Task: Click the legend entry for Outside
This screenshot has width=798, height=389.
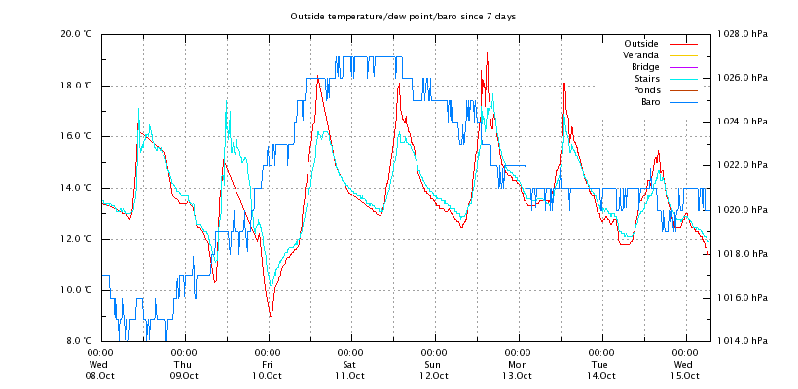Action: [640, 44]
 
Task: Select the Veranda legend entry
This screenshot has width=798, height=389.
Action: [640, 55]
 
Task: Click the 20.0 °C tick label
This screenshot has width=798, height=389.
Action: [76, 34]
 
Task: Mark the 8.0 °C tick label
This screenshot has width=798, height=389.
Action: [78, 341]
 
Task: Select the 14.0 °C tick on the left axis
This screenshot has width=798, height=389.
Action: [76, 188]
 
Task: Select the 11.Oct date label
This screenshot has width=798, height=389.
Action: [350, 376]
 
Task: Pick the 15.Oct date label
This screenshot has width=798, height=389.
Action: [685, 376]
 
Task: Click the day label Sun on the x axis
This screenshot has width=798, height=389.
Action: [434, 365]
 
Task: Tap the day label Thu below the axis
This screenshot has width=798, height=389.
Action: [184, 365]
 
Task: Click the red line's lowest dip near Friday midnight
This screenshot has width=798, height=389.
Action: [271, 316]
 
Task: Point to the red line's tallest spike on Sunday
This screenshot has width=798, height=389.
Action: [487, 53]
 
